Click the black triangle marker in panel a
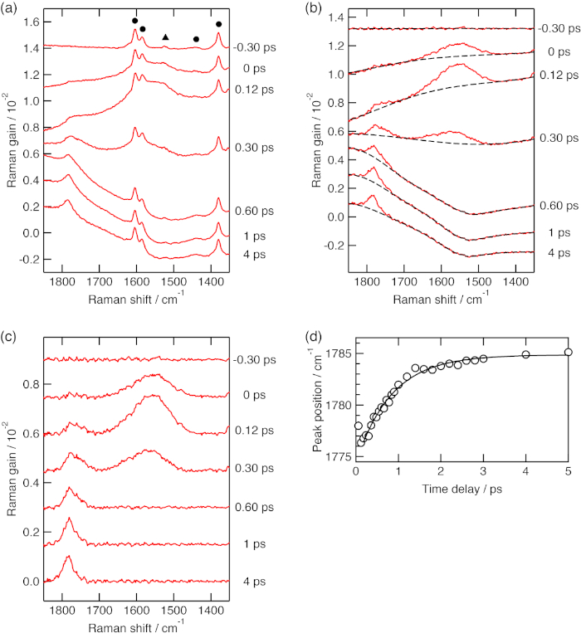click(x=165, y=38)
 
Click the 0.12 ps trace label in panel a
click(x=253, y=90)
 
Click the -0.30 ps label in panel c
click(x=253, y=358)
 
